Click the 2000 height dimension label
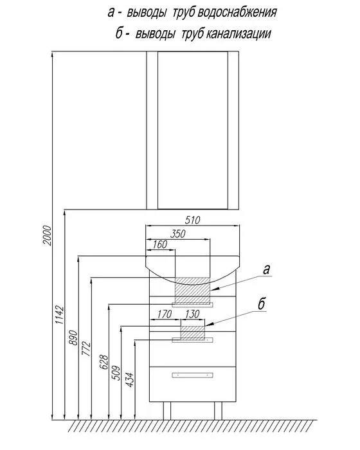[47, 235]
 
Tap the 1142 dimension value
[59, 315]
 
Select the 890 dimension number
[73, 337]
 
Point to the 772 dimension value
[86, 348]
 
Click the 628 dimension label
[104, 362]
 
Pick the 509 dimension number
[116, 372]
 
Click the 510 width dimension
[192, 220]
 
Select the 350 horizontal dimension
[177, 234]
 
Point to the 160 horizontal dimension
[159, 244]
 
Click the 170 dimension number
[164, 314]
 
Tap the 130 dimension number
[192, 314]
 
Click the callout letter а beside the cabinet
[266, 270]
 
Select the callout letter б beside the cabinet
[261, 303]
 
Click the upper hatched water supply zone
[193, 290]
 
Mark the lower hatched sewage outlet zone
[193, 332]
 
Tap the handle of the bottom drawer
[192, 375]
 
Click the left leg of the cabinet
[167, 411]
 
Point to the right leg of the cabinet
[218, 411]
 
